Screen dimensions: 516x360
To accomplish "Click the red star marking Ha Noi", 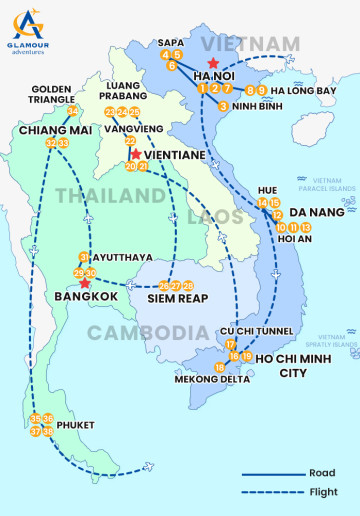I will [x=211, y=62].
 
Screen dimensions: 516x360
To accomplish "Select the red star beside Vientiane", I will [x=135, y=155].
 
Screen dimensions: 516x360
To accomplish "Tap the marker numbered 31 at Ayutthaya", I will [x=84, y=258].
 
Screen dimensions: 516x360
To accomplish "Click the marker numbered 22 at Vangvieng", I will [x=130, y=141].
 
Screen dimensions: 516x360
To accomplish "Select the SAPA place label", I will [x=171, y=41].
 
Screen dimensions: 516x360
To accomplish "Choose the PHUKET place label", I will [x=75, y=425].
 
